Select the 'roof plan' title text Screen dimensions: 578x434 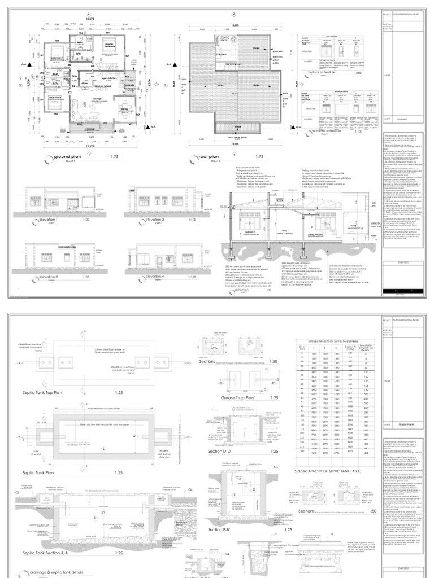[207, 157]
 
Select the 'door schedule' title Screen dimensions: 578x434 [323, 73]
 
